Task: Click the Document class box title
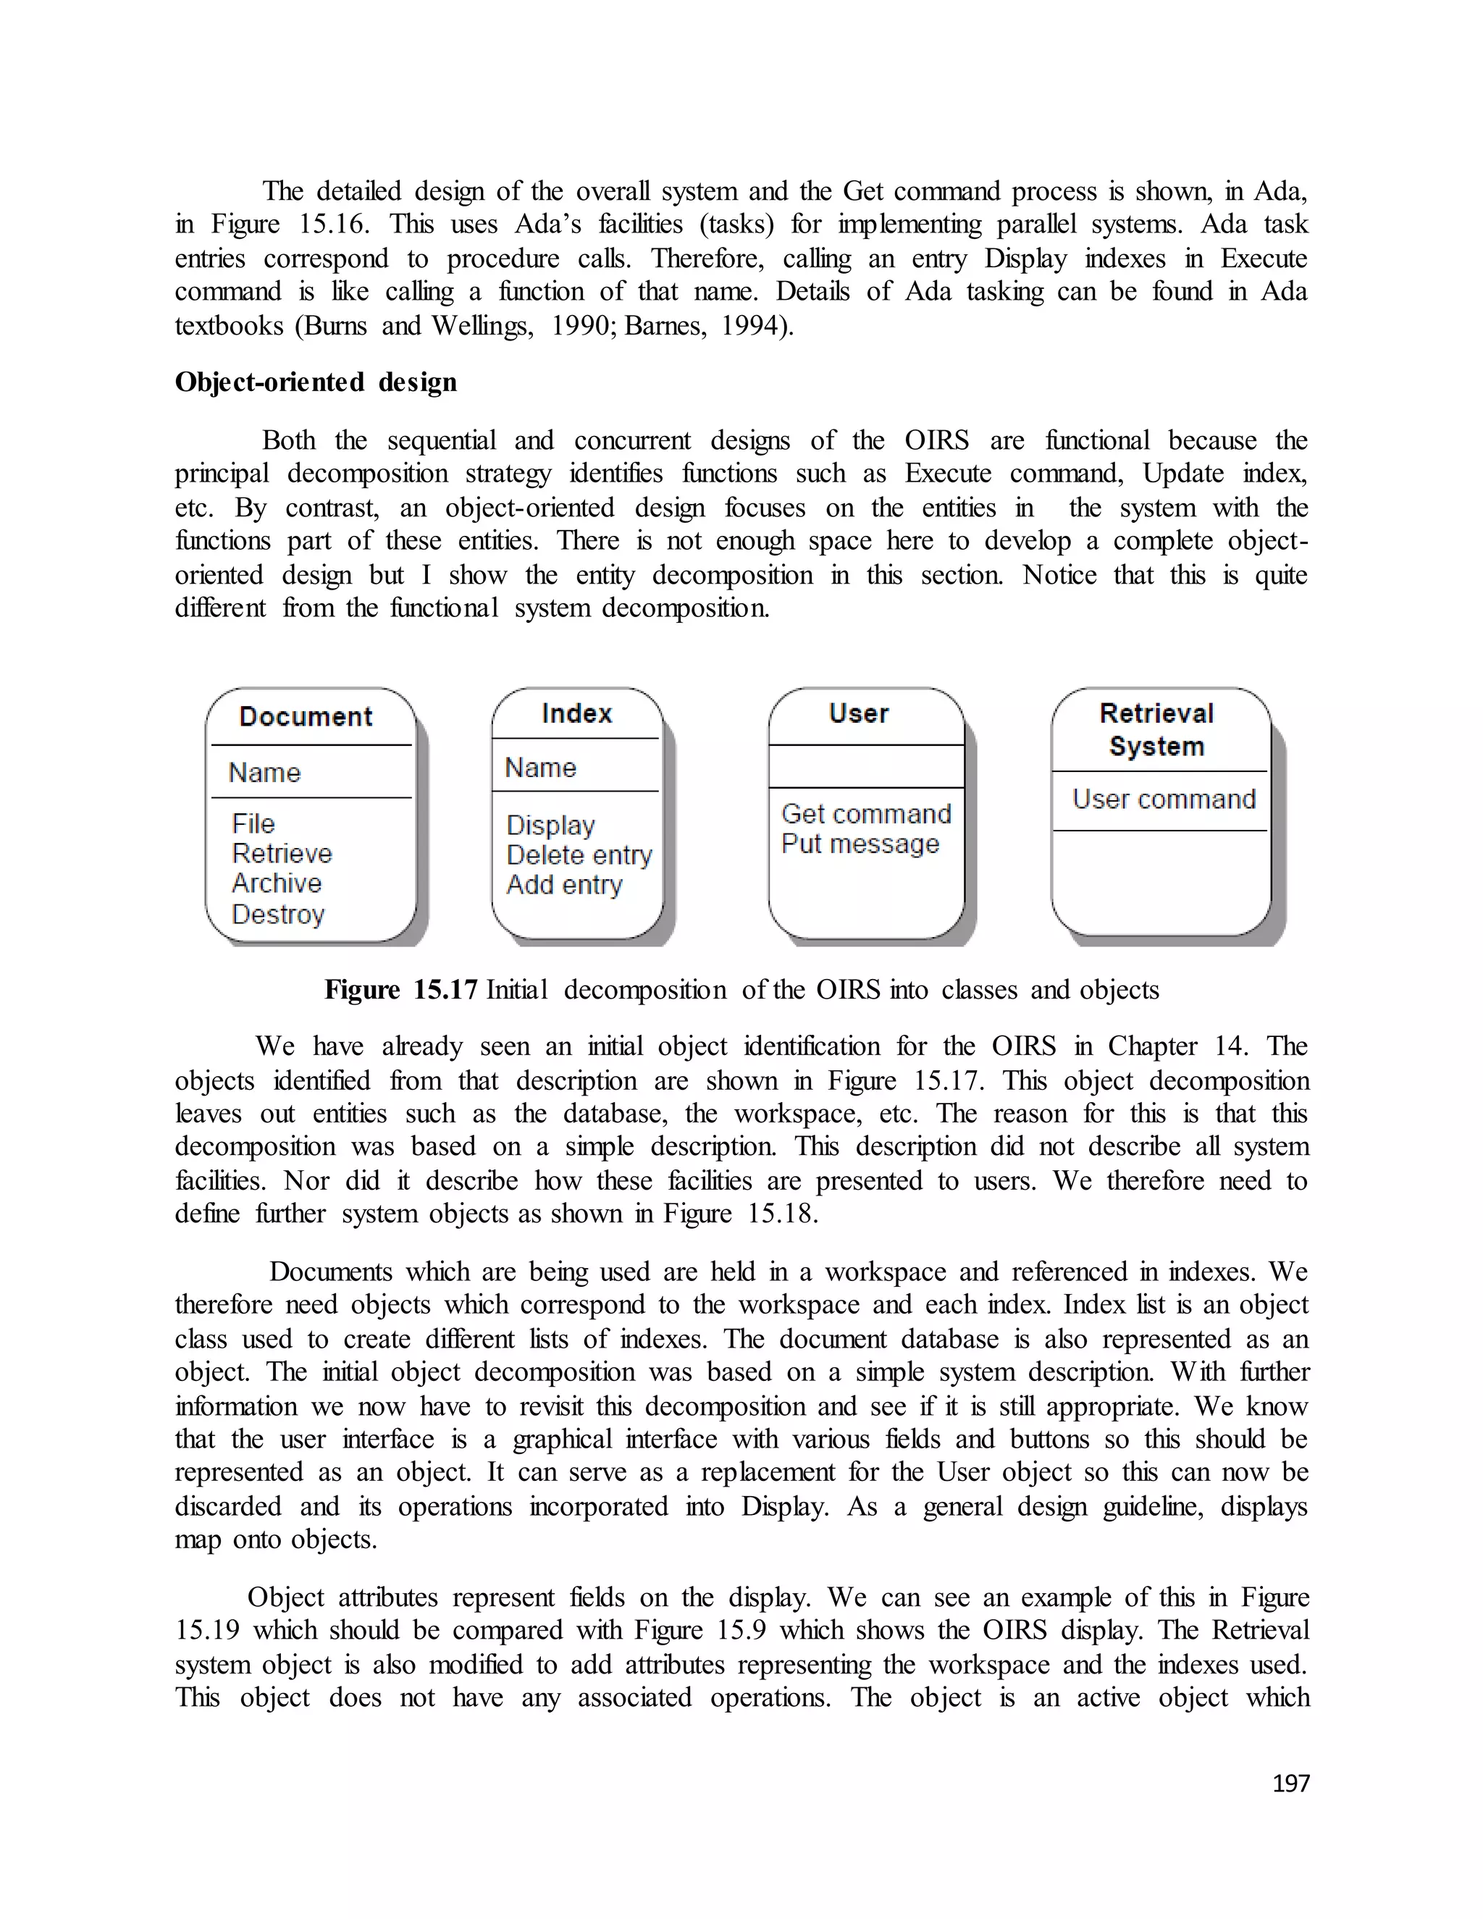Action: tap(306, 716)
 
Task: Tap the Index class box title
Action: tap(576, 713)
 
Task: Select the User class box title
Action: tap(858, 713)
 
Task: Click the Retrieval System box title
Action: tap(1156, 729)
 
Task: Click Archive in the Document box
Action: tap(277, 883)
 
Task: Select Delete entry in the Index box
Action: tap(579, 855)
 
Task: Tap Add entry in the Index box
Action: tap(564, 885)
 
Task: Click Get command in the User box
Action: tap(866, 814)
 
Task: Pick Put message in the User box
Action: tap(860, 844)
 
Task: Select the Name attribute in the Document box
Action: tap(264, 773)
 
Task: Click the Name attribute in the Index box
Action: tap(540, 767)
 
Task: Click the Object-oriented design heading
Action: tap(316, 382)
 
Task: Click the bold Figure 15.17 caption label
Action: tap(400, 989)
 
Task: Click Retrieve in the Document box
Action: tap(282, 853)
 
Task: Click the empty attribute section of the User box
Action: tap(865, 766)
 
